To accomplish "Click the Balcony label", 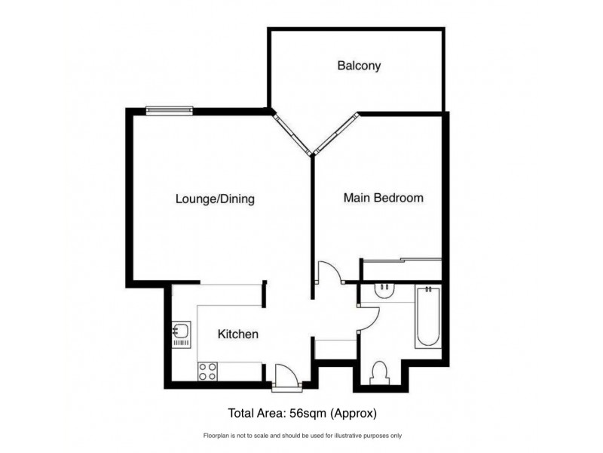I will click(359, 66).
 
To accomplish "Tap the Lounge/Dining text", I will click(215, 200).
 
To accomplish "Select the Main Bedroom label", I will click(383, 199).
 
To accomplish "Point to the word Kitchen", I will click(238, 334).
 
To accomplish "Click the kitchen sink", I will click(181, 333).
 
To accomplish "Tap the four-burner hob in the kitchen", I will click(207, 371).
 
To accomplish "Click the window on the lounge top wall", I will click(169, 111).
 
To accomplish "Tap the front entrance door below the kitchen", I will click(287, 374).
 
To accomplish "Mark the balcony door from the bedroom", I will click(335, 134).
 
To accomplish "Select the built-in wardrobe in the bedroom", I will click(401, 269).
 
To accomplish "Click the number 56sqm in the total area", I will click(308, 413).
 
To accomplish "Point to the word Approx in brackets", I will click(354, 413).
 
